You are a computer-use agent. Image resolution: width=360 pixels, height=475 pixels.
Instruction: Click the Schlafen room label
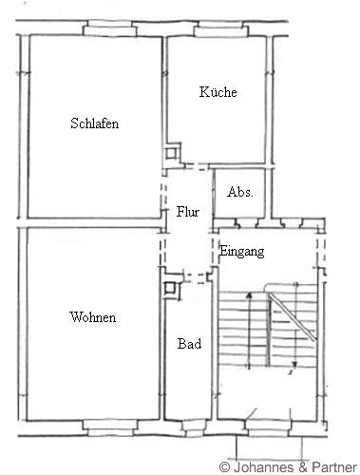point(95,123)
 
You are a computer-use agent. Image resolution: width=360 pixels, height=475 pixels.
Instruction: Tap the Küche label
point(218,92)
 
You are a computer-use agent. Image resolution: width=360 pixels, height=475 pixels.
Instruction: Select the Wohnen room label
point(93,317)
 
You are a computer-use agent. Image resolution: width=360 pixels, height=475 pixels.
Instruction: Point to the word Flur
point(188,212)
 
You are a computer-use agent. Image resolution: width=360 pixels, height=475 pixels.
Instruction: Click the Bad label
point(189,344)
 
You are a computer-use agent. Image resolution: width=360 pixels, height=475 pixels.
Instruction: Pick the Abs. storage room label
point(240,192)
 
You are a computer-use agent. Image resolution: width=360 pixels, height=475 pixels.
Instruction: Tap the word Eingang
point(242,252)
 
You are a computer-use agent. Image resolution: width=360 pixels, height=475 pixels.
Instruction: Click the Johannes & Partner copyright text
point(288,467)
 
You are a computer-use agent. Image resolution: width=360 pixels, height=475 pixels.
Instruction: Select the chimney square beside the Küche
point(172,153)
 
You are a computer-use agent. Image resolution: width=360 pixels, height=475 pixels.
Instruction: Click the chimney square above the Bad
point(170,288)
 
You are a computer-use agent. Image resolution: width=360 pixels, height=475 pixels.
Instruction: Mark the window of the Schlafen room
point(109,29)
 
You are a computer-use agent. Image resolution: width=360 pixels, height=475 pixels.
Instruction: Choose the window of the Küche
point(221,29)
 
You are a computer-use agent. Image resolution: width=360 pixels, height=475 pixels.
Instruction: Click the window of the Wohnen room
point(110,428)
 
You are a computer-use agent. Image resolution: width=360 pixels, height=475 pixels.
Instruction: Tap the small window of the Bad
point(194,428)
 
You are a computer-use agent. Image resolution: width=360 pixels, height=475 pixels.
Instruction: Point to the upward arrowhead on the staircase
point(249,295)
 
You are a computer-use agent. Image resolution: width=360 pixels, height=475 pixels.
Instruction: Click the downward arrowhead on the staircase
point(294,365)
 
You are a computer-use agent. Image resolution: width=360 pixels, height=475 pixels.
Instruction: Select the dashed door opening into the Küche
point(197,166)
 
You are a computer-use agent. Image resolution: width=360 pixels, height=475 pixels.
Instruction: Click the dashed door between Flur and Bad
point(196,277)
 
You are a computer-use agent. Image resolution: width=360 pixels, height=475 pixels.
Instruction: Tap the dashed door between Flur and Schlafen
point(163,196)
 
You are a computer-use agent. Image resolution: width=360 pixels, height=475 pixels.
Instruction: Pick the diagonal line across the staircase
point(293,317)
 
